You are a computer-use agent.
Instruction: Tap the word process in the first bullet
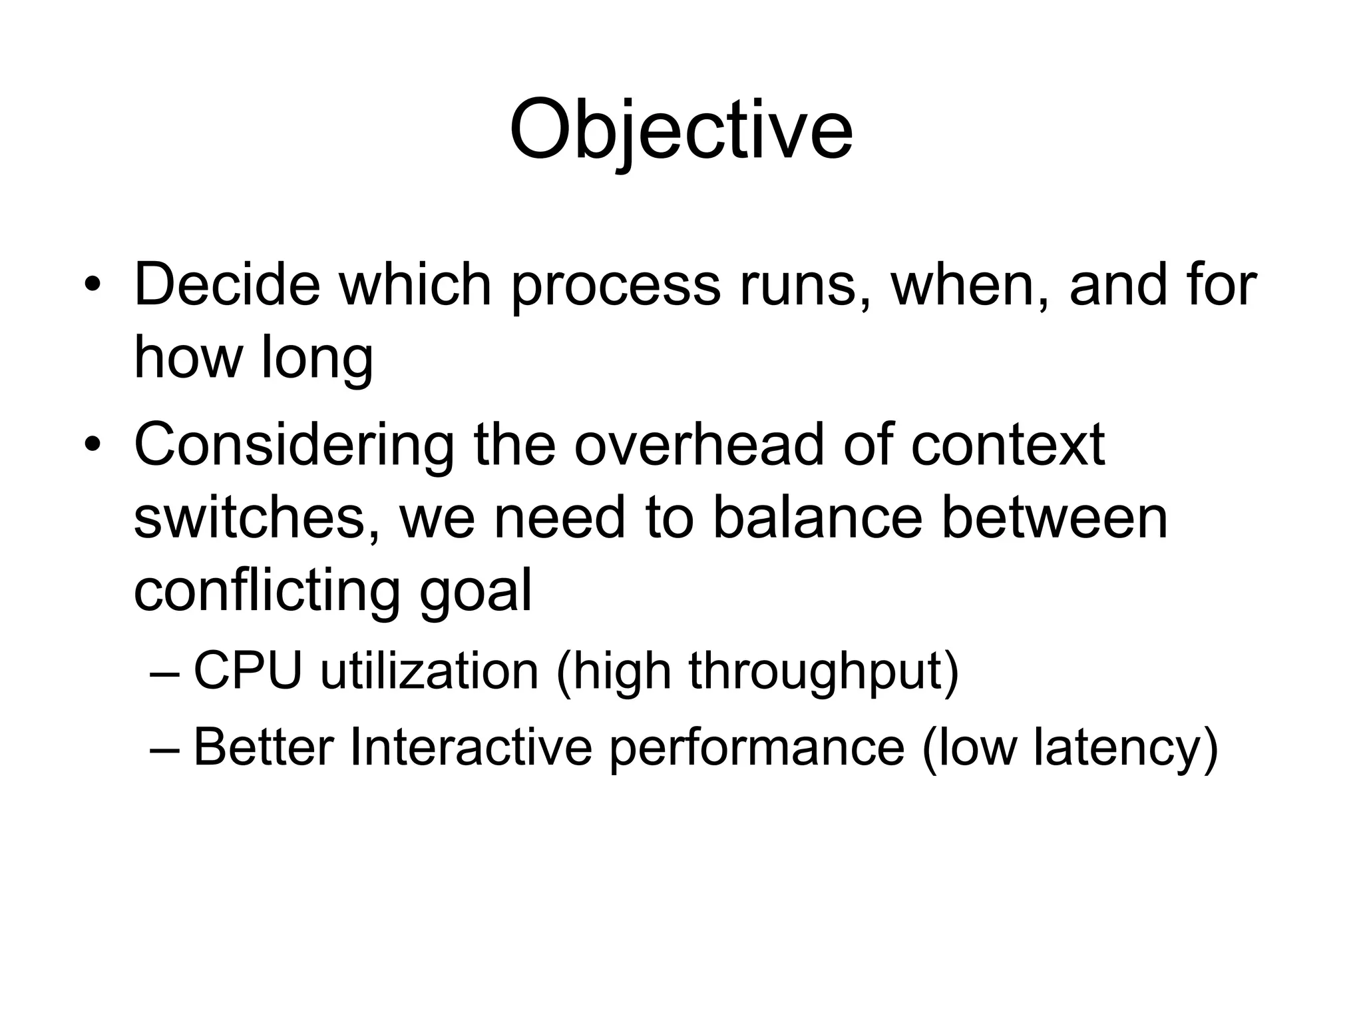click(616, 286)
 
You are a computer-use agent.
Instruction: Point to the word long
click(317, 359)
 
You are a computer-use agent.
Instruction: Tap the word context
click(1008, 444)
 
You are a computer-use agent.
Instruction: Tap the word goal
click(475, 591)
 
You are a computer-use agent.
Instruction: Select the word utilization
click(429, 671)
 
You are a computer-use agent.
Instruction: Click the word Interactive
click(470, 747)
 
